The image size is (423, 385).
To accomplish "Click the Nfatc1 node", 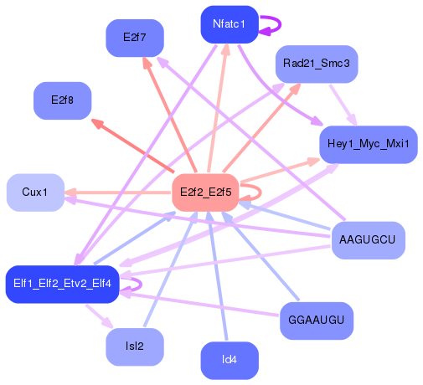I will [229, 24].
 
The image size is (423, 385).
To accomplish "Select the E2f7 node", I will [134, 38].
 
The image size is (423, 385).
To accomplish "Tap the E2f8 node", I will [62, 100].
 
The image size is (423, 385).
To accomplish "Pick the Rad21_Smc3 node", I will [317, 64].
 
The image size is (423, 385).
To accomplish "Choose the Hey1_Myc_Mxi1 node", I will [368, 144].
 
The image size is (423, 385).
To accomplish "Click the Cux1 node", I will [35, 192].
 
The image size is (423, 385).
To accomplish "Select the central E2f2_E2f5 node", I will [206, 192].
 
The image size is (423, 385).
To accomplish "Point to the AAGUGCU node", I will [368, 240].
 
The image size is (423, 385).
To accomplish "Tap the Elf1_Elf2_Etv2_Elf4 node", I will [64, 285].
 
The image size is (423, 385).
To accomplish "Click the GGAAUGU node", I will [316, 321].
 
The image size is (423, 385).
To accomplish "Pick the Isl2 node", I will [134, 346].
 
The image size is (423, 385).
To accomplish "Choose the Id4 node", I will [230, 360].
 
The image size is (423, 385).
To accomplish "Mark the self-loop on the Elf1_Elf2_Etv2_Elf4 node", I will [135, 285].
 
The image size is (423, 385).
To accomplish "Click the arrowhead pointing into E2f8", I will [96, 125].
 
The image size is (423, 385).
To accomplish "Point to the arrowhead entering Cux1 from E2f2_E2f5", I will [71, 192].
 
